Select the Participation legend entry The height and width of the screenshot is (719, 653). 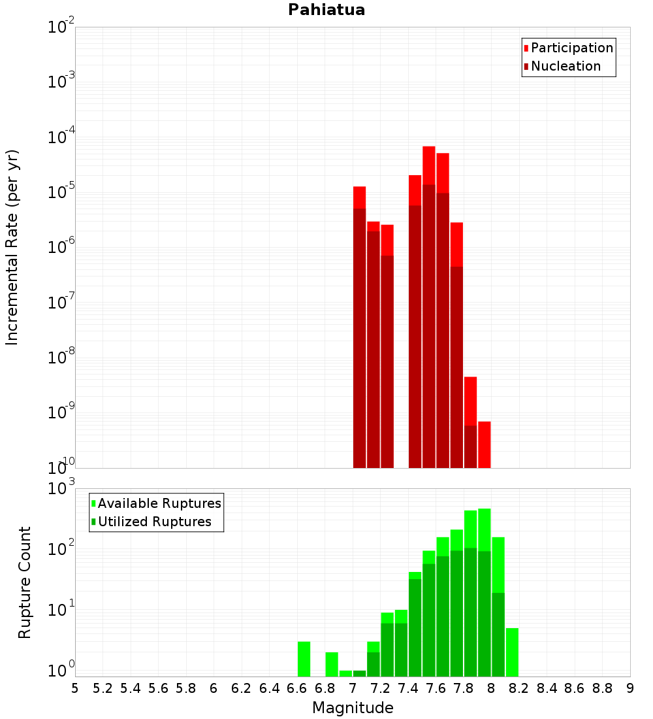pyautogui.click(x=572, y=48)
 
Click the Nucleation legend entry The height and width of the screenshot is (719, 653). pyautogui.click(x=565, y=66)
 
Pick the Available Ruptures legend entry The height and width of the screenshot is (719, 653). pyautogui.click(x=159, y=503)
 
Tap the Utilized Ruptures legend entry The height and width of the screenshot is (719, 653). pyautogui.click(x=154, y=522)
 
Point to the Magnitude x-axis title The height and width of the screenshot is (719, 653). pyautogui.click(x=353, y=708)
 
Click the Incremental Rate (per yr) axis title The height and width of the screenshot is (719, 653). pyautogui.click(x=12, y=247)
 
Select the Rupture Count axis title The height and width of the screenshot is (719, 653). pyautogui.click(x=25, y=582)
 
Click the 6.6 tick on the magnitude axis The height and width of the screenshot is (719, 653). pyautogui.click(x=297, y=688)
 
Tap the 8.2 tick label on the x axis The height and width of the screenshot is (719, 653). pyautogui.click(x=519, y=688)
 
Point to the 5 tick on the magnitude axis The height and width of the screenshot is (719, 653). pyautogui.click(x=75, y=688)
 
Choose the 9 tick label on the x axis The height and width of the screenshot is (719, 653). pyautogui.click(x=630, y=688)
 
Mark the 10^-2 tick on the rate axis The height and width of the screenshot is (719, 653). pyautogui.click(x=61, y=27)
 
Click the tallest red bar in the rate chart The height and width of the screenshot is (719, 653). pyautogui.click(x=429, y=163)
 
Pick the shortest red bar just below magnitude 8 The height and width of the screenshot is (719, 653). pyautogui.click(x=484, y=444)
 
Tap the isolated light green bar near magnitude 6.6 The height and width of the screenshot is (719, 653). pyautogui.click(x=304, y=659)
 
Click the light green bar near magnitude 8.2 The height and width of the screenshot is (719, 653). pyautogui.click(x=512, y=652)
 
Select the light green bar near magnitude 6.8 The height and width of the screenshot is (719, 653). pyautogui.click(x=332, y=664)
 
